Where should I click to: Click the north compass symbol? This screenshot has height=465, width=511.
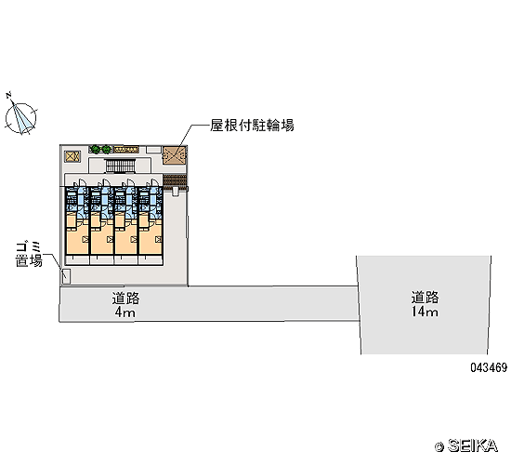pos(20,118)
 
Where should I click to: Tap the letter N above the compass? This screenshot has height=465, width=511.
pos(8,95)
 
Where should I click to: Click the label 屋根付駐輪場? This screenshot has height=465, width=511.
pos(252,125)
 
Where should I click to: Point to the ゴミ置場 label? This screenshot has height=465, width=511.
pos(29,255)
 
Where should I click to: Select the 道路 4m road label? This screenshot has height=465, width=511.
pos(125,305)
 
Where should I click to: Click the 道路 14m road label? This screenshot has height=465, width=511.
pos(425,304)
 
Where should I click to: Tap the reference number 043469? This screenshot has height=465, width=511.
pos(489,367)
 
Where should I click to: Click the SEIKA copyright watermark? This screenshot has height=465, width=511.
pos(466,445)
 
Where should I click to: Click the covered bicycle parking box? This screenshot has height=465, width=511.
pos(175,155)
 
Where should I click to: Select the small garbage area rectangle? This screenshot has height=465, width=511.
pos(67,276)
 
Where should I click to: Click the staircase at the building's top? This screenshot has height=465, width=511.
pos(120,166)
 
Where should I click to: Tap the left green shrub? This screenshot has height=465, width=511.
pos(95,149)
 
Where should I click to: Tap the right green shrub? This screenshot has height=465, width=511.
pos(106,150)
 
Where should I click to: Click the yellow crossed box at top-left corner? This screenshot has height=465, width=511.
pos(72,156)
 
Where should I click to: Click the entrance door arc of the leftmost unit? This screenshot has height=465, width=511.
pos(81,183)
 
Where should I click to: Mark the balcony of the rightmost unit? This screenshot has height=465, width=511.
pos(151,260)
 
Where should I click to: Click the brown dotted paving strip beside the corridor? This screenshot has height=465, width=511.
pos(175,181)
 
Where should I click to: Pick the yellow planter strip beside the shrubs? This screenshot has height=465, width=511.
pos(125,150)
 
